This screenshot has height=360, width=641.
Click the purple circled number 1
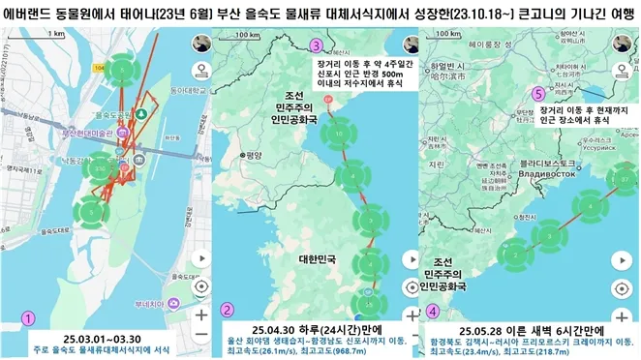coord(30,316)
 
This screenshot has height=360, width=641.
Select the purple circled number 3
coord(316,46)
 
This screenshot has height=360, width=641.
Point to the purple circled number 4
coord(433,312)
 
